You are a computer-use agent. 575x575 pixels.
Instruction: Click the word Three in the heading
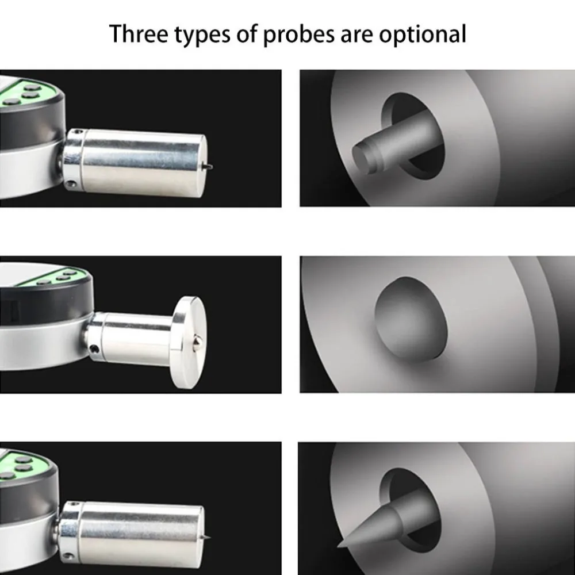(x=139, y=34)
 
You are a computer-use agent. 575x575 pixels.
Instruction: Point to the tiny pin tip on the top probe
(x=209, y=167)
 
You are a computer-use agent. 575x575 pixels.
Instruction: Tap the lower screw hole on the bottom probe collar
(x=67, y=556)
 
